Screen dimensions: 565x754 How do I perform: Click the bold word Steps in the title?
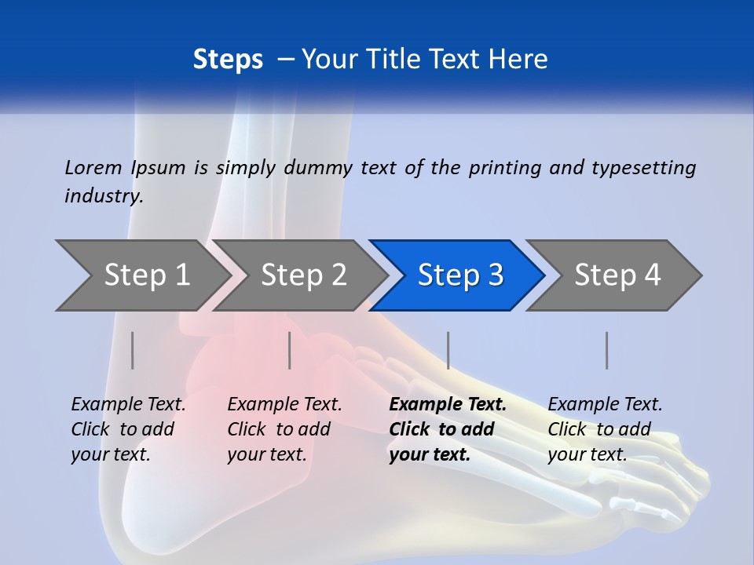coord(228,60)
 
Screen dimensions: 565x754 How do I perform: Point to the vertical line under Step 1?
coord(133,350)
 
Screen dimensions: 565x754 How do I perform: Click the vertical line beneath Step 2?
coord(290,350)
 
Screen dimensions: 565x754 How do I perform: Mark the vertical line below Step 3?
coord(448,350)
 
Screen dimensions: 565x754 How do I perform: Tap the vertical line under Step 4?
coord(606,350)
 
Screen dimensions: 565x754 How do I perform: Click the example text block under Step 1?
coord(128,429)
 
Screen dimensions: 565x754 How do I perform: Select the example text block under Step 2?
coord(284,429)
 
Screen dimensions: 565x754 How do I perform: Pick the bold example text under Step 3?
coord(448,429)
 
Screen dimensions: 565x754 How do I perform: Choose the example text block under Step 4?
coord(605,429)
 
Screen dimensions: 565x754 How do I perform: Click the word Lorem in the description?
coord(93,167)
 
